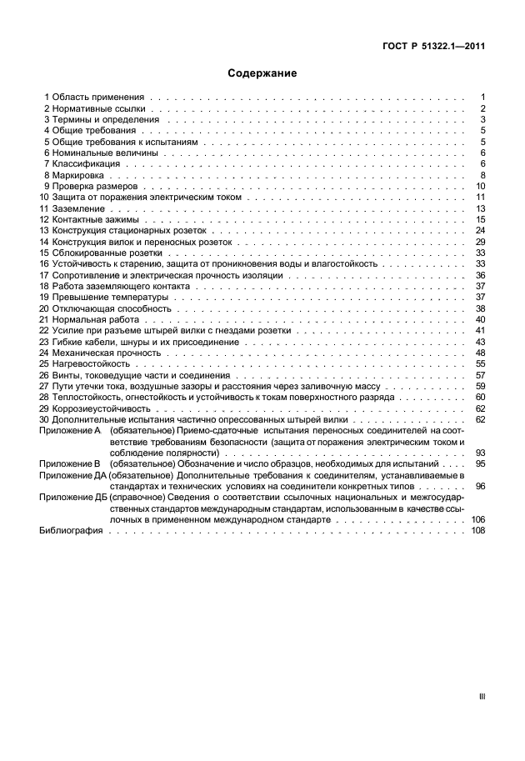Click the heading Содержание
[x=262, y=73]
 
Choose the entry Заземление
[x=79, y=208]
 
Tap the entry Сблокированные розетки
[x=107, y=253]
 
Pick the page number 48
[x=480, y=353]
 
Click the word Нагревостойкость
[x=92, y=364]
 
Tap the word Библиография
[x=71, y=530]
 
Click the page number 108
[x=477, y=530]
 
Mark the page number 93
[x=480, y=453]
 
